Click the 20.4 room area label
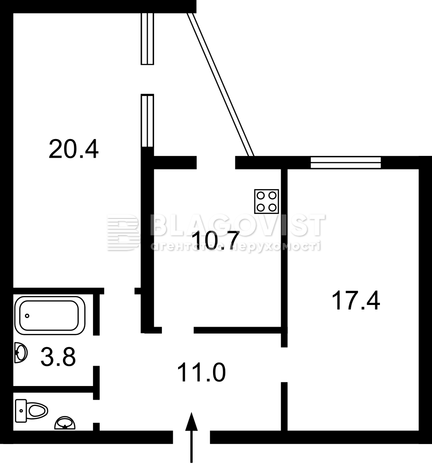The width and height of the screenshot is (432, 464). (73, 149)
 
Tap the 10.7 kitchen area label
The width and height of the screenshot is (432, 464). (215, 241)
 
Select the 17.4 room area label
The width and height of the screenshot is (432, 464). (355, 300)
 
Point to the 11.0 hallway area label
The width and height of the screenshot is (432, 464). (201, 372)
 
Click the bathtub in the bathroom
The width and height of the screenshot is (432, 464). (50, 315)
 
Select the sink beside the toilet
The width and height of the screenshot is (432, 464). (65, 423)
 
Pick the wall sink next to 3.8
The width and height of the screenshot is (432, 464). (21, 353)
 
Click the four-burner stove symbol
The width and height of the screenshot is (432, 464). (267, 201)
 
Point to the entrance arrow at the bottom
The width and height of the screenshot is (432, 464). (192, 437)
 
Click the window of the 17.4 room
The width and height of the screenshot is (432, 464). (345, 163)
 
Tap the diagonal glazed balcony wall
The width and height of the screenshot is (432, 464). (221, 85)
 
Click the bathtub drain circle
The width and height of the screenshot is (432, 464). (27, 316)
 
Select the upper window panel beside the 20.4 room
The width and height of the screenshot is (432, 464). (147, 39)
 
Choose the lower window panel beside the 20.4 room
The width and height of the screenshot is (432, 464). (147, 121)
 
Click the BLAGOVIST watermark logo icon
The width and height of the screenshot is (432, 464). (123, 233)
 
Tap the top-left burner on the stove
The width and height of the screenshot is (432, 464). (261, 196)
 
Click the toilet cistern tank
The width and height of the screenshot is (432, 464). (21, 411)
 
